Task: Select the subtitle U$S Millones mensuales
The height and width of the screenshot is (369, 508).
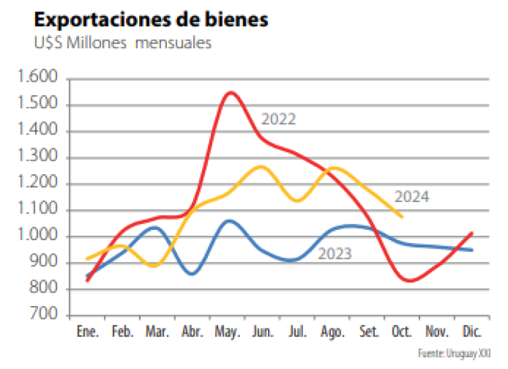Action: click(123, 44)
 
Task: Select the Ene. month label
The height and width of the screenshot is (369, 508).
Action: click(88, 332)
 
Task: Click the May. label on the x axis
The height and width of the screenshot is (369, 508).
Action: click(227, 332)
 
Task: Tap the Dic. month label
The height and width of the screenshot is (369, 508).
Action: click(472, 332)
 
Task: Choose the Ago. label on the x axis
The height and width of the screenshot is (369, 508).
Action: click(333, 332)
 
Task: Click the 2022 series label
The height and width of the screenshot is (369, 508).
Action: click(278, 119)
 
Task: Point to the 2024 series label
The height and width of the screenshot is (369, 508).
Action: click(412, 197)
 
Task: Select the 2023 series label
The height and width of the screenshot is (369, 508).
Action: click(334, 254)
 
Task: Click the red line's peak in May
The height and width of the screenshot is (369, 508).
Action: click(231, 93)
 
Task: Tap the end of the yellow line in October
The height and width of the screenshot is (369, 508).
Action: click(402, 216)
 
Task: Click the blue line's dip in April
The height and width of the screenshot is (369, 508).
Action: click(192, 274)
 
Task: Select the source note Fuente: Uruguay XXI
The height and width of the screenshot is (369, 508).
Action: click(455, 353)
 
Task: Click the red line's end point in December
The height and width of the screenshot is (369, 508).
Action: click(472, 232)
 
